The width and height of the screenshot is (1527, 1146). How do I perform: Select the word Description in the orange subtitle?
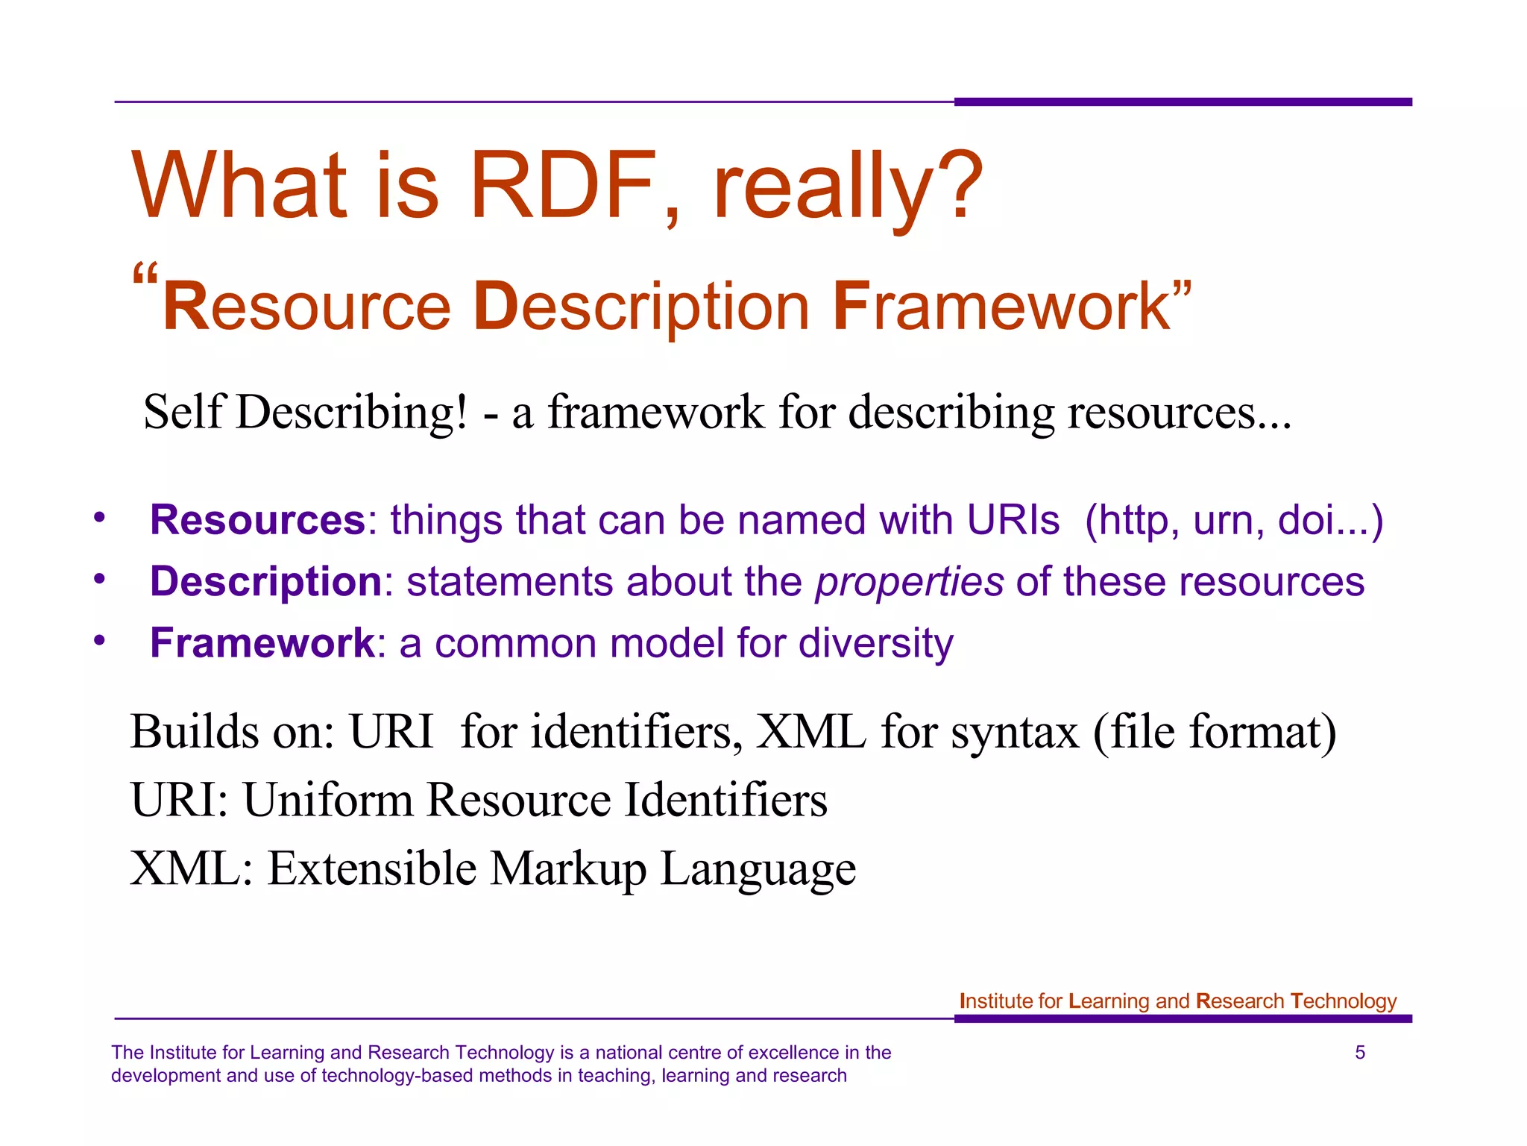[641, 307]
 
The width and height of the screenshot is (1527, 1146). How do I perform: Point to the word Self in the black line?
[183, 412]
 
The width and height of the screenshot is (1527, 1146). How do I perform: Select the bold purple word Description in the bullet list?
[266, 582]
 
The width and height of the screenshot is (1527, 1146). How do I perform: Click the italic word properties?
[909, 583]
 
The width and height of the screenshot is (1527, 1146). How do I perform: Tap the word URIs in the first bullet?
[1013, 520]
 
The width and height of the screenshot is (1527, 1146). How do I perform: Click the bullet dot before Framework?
[100, 641]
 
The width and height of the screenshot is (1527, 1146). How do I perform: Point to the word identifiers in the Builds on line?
[636, 732]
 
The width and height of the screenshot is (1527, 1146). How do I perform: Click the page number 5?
[1359, 1053]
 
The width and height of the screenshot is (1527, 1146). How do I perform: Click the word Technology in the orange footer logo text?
[1343, 1001]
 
